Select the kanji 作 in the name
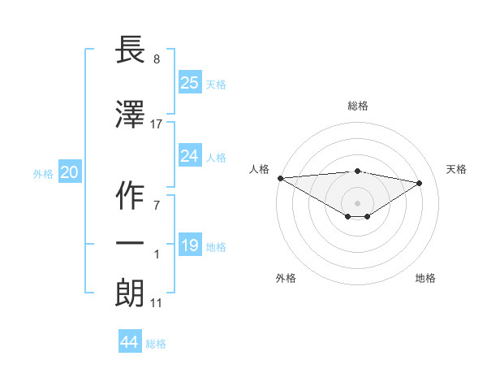coord(131,193)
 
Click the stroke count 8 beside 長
coord(157,59)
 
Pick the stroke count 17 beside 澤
coord(157,124)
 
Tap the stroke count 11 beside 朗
coord(157,303)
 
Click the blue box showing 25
coord(189,82)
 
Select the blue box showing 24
coord(189,156)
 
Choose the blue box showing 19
coord(189,245)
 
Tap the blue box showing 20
coord(70,172)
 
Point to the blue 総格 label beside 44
coord(156,344)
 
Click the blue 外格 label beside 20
coord(43,173)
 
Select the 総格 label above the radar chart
coord(358,106)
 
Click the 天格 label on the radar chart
coord(457,169)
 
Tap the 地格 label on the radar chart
coord(425,278)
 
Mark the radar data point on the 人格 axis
coord(280,178)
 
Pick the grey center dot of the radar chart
coord(357,202)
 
